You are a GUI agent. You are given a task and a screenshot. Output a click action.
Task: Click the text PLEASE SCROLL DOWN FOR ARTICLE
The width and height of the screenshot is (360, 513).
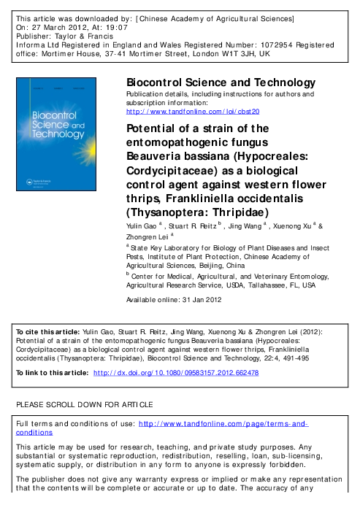tap(84, 404)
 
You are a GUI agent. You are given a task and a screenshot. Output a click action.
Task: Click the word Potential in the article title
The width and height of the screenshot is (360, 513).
tap(153, 128)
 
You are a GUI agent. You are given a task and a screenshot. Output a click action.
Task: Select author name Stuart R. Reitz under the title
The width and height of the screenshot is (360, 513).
tap(197, 228)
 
